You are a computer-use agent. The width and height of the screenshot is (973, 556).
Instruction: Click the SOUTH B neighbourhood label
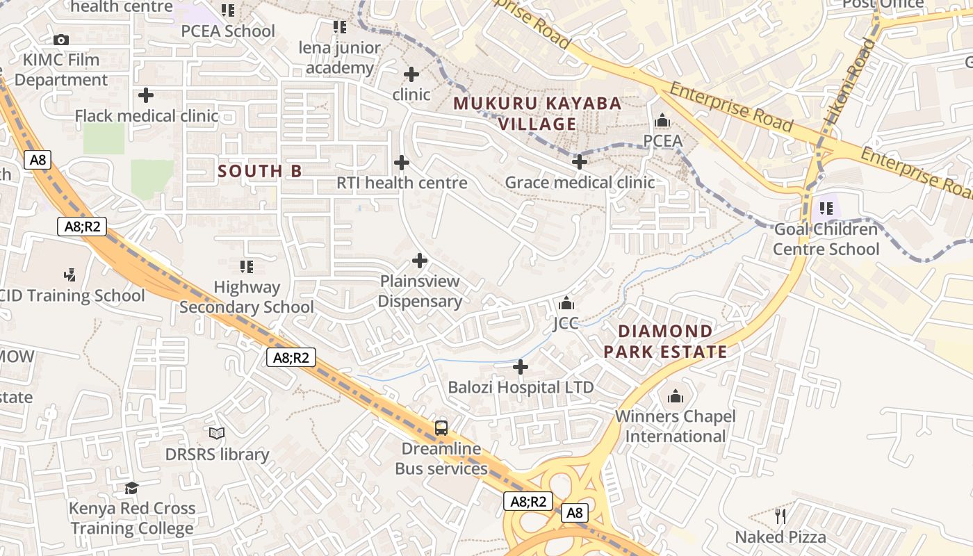pos(260,171)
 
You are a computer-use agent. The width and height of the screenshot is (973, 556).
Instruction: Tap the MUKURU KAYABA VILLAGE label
pos(537,114)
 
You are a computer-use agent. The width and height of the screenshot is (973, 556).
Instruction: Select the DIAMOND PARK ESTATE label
pos(665,341)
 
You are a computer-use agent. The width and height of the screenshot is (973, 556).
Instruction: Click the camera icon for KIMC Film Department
pos(61,40)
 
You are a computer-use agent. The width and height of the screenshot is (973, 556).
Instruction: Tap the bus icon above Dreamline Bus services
pos(441,427)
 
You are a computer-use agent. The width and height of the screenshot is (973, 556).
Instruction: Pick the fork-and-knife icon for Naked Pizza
pos(780,516)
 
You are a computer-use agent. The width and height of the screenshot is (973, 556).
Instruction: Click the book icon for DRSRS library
pos(217,434)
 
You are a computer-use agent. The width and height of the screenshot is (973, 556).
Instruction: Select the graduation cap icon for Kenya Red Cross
pos(131,488)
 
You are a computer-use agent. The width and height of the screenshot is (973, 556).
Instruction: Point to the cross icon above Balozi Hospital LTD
pos(521,366)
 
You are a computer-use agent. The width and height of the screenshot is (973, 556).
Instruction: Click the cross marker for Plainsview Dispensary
pos(420,261)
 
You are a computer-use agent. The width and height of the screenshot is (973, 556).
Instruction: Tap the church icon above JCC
pos(566,304)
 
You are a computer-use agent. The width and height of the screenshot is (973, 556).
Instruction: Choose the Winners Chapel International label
pos(675,426)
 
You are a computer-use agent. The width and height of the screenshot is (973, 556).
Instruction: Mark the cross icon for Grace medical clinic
pos(579,162)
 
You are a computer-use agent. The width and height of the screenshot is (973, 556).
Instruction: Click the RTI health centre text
pos(402,183)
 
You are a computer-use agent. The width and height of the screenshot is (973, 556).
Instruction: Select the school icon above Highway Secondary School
pos(246,266)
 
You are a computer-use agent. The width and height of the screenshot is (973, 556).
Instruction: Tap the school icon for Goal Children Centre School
pos(826,208)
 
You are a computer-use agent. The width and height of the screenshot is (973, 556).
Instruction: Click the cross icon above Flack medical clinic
pos(146,95)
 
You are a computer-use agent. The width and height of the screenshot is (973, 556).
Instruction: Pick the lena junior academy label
pos(340,58)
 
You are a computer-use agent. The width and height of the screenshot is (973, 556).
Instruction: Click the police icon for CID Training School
pos(69,275)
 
